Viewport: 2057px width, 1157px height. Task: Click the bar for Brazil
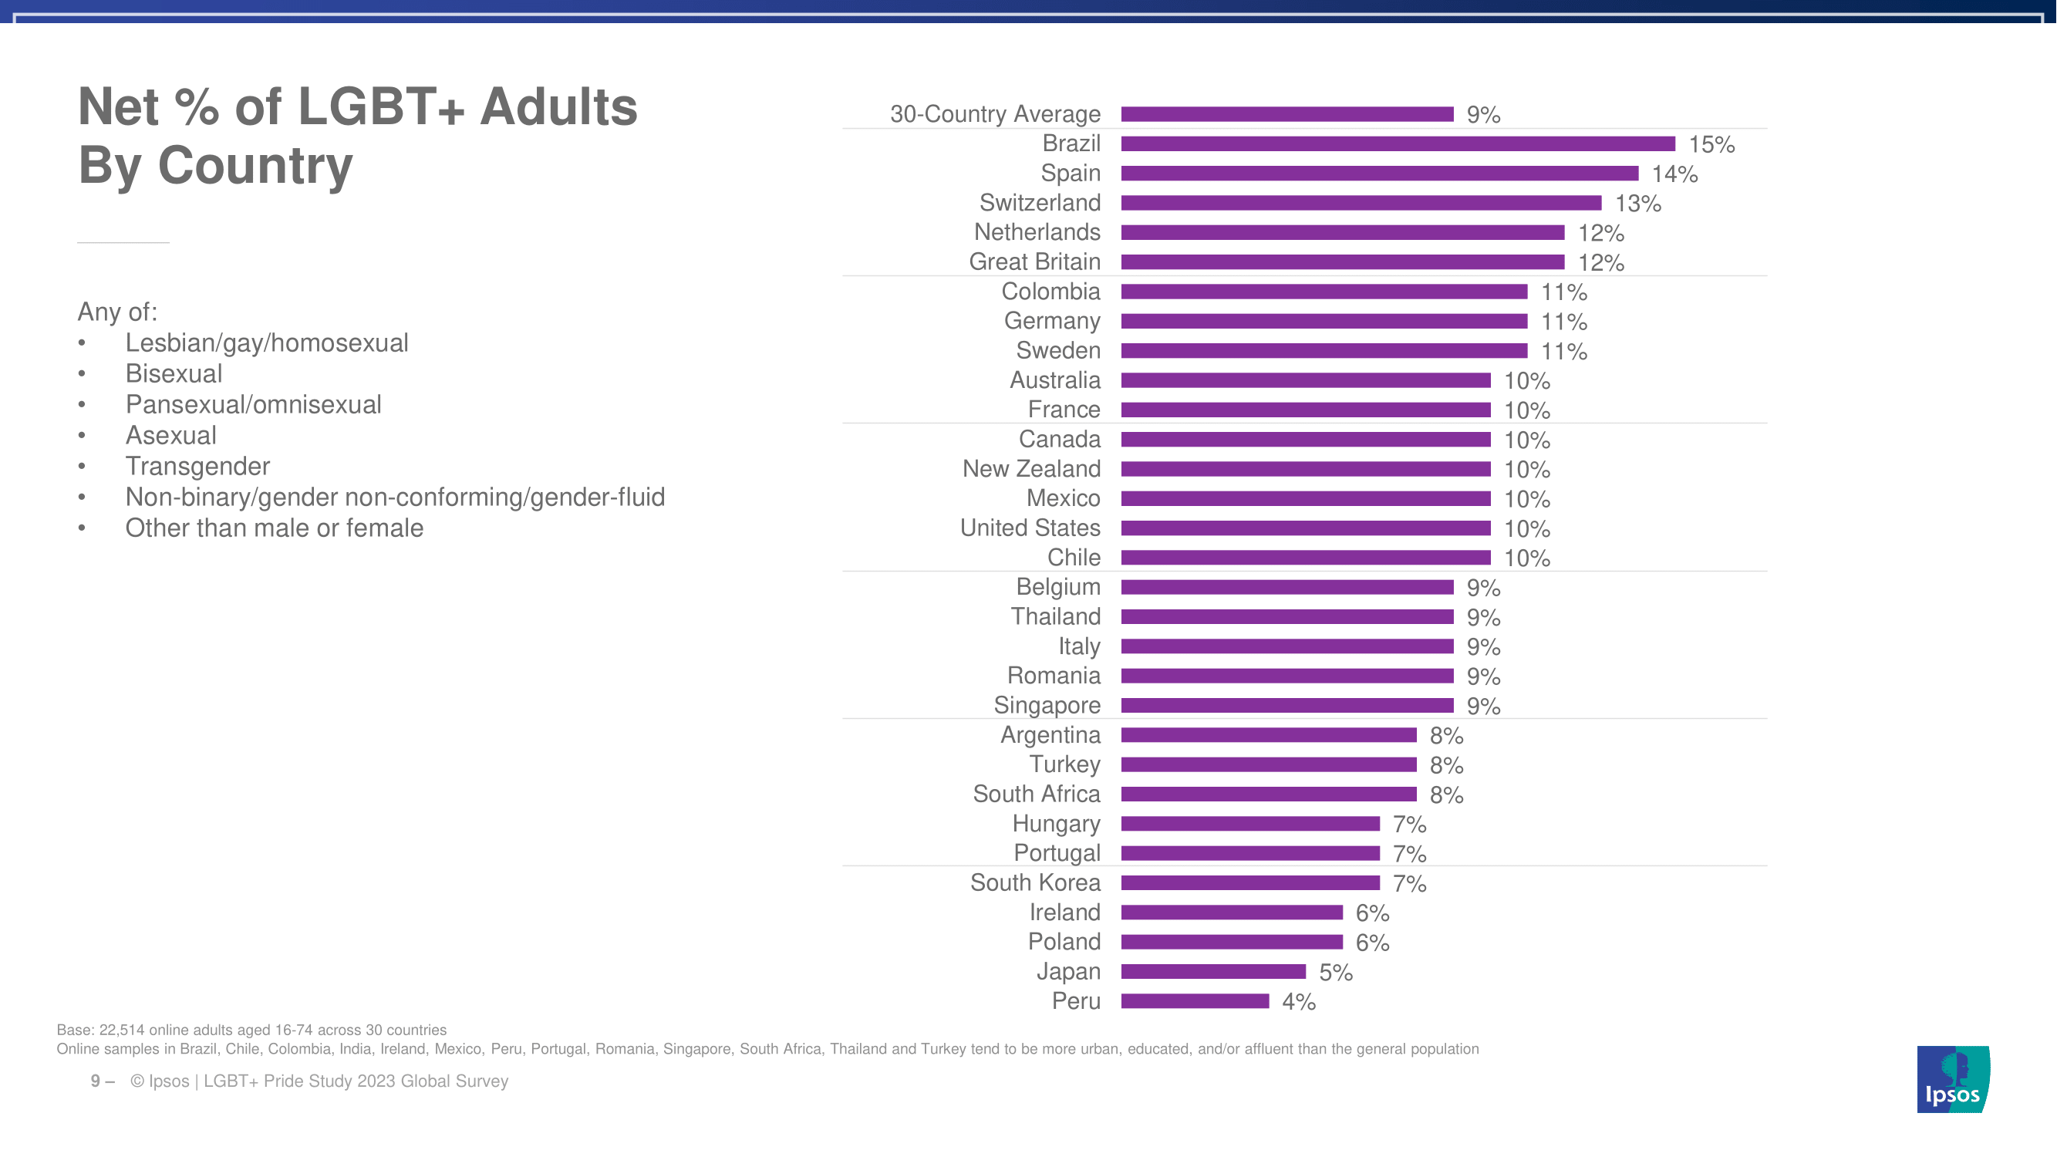(1398, 143)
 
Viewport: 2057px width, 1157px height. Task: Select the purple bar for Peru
(1195, 1001)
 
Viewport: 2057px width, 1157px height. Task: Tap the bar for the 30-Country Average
(1286, 114)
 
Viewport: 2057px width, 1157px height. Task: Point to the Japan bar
(1213, 972)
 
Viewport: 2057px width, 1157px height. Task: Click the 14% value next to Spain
(1674, 174)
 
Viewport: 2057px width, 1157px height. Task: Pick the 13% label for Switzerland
(1637, 204)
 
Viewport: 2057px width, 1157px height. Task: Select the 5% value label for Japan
(1335, 973)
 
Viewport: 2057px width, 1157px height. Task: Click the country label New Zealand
(1031, 469)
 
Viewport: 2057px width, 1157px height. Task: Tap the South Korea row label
(1035, 882)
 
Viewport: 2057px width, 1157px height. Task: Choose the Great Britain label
(1034, 262)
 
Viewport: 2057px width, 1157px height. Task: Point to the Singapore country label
(1047, 705)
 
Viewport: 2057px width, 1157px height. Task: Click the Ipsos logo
(1952, 1079)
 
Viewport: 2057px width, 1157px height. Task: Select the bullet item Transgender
(197, 467)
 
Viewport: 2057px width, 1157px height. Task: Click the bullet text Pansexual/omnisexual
(253, 405)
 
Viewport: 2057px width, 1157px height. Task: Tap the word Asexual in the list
(171, 435)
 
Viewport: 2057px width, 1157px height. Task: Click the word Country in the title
(255, 165)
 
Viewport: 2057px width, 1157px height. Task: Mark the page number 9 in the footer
(95, 1081)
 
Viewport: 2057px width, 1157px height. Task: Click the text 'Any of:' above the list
(117, 312)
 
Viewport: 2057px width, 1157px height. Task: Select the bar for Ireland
(1231, 912)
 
